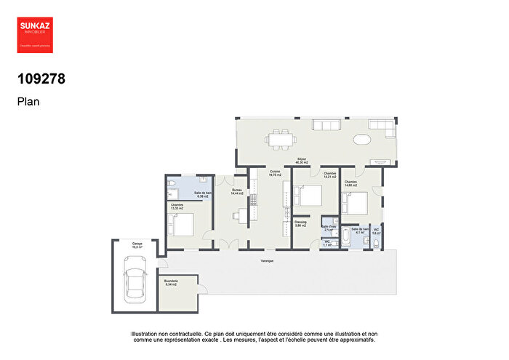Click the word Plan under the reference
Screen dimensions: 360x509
point(28,103)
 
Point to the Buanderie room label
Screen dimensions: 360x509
point(172,281)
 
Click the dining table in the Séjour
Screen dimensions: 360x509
point(279,138)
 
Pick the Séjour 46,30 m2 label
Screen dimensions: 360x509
point(301,161)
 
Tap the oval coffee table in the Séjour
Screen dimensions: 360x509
point(362,139)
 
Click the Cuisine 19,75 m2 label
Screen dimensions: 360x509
point(275,174)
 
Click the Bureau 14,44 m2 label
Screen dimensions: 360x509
point(236,193)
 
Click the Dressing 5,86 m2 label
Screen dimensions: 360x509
point(301,225)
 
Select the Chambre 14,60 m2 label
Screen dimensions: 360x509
point(350,184)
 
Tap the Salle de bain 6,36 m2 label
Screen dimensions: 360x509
point(202,195)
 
